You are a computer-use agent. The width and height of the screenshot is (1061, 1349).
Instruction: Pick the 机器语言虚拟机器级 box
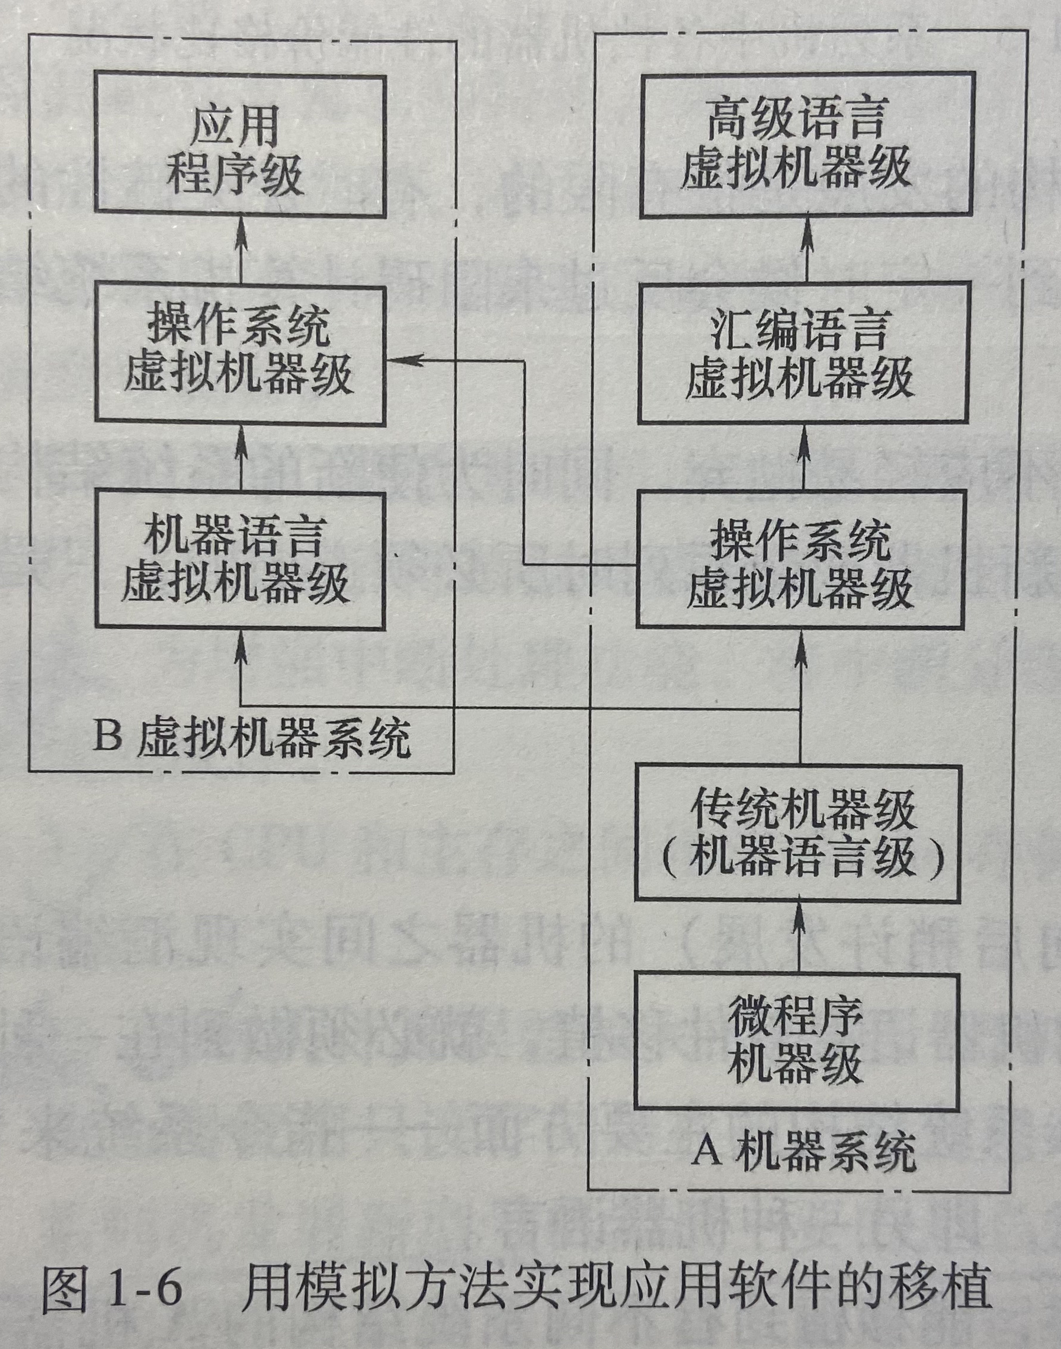click(x=240, y=561)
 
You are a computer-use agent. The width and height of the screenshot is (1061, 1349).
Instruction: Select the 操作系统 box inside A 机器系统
click(x=800, y=562)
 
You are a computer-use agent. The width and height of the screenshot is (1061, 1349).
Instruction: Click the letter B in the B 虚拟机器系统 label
click(x=106, y=736)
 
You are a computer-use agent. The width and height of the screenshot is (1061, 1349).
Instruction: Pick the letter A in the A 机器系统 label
click(x=707, y=1152)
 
